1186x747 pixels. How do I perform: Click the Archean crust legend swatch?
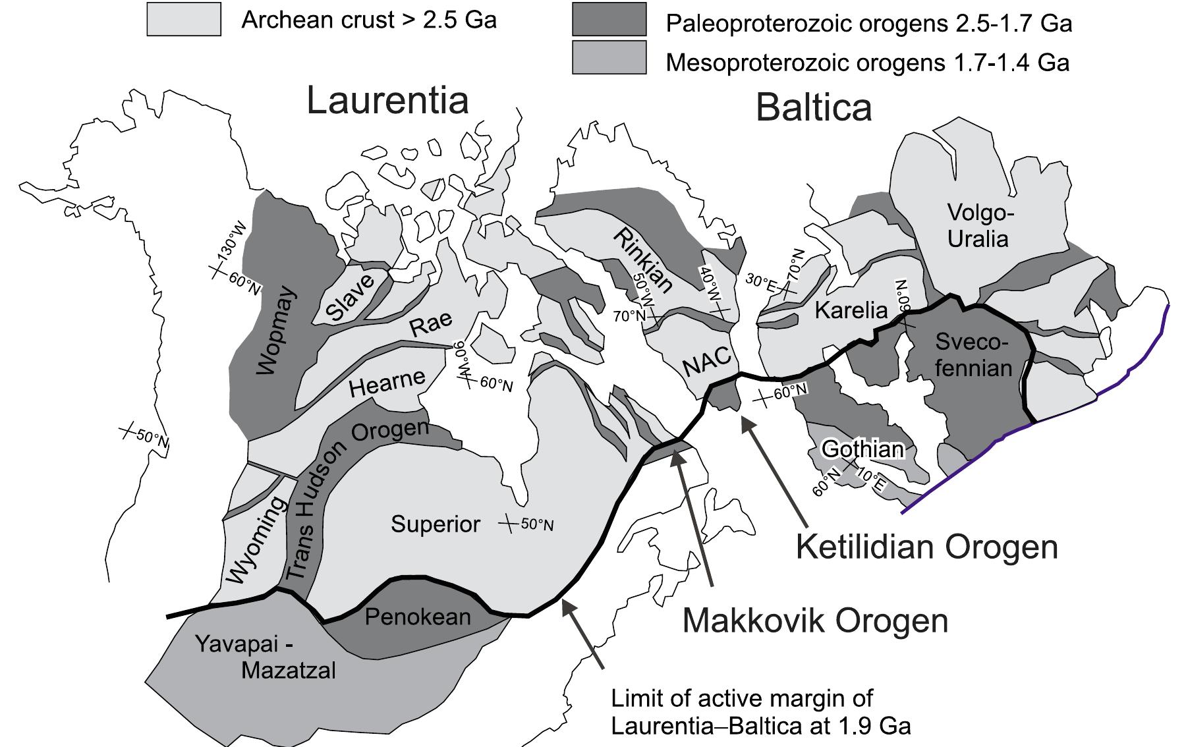[184, 19]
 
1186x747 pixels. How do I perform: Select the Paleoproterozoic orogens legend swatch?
[609, 19]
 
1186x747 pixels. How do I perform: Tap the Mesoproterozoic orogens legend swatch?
[609, 57]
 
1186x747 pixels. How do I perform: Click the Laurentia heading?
[387, 101]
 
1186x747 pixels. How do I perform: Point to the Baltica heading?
[814, 107]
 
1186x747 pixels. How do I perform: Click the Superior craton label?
[436, 524]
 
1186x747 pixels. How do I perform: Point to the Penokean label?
[418, 617]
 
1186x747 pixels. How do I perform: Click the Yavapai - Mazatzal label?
[266, 657]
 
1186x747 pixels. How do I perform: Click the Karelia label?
[851, 310]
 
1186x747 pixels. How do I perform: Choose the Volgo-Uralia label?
[977, 225]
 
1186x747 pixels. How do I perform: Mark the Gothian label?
[863, 449]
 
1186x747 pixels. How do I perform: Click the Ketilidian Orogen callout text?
[926, 547]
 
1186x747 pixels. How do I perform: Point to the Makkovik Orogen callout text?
[814, 621]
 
